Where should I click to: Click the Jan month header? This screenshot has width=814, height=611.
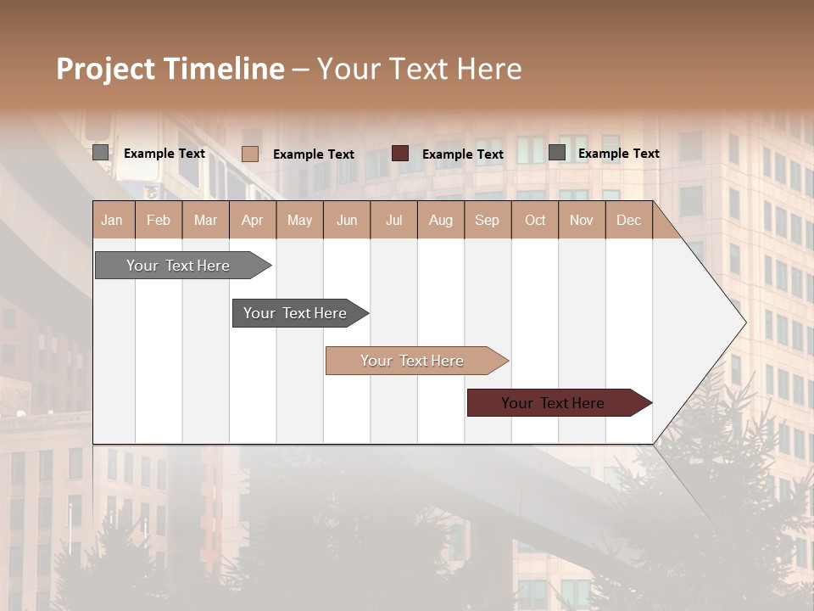112,220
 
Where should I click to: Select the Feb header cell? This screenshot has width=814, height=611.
159,220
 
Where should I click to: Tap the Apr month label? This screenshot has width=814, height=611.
252,220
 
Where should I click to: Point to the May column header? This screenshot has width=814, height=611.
299,220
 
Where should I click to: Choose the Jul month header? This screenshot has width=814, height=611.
393,220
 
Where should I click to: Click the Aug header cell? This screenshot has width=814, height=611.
440,220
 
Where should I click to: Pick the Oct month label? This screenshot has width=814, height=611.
535,220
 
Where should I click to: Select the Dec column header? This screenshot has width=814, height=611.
628,220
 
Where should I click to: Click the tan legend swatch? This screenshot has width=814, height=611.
250,154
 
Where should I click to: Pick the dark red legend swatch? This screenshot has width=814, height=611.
400,153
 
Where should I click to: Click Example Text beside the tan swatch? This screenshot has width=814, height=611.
314,154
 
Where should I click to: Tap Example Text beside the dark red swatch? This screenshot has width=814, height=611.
463,154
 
